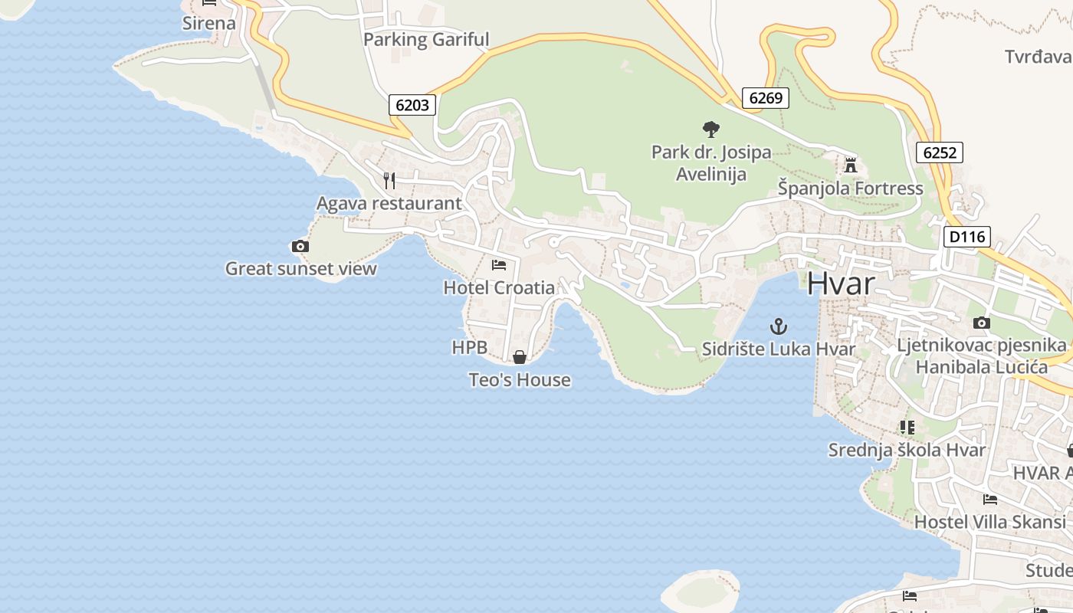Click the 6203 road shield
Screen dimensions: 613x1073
click(412, 105)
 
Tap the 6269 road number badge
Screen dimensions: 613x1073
click(765, 97)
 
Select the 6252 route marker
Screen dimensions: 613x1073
click(939, 152)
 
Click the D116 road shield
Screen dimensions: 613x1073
click(966, 237)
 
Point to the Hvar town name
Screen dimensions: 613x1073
click(840, 284)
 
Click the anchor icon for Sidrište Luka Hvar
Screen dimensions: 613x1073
click(779, 327)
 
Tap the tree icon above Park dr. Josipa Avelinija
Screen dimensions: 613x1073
click(710, 129)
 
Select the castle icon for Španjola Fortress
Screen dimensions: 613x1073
click(850, 165)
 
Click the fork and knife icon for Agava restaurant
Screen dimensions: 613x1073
click(389, 181)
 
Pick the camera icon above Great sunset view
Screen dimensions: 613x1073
click(300, 246)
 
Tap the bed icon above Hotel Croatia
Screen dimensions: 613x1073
click(499, 265)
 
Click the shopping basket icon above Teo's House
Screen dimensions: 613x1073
click(520, 357)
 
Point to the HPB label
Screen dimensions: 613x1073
click(469, 347)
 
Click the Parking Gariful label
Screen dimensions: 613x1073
click(425, 40)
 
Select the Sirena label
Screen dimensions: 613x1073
click(208, 23)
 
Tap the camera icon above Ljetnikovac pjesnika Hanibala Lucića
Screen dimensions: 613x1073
click(981, 323)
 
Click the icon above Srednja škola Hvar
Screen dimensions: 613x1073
click(907, 427)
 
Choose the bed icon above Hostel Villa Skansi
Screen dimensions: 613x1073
click(989, 500)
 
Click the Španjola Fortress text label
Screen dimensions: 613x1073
click(850, 188)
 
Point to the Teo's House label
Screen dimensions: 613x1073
click(520, 380)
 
